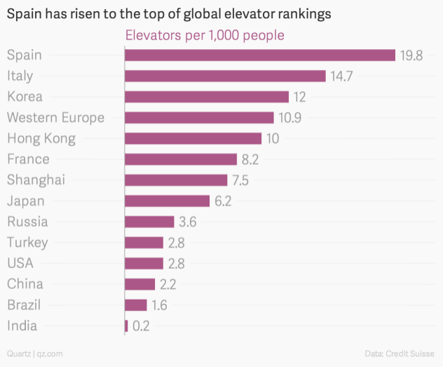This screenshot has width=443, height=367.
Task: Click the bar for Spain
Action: coord(259,55)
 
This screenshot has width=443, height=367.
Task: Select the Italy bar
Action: coord(225,76)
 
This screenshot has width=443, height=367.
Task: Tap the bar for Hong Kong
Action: coord(193,138)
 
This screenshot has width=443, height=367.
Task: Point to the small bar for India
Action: coord(126,326)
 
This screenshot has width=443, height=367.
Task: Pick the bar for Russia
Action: coord(149,222)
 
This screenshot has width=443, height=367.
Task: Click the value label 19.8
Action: coord(411,55)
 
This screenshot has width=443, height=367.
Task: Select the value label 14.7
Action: coord(341,76)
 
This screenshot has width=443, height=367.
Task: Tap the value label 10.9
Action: coord(289,118)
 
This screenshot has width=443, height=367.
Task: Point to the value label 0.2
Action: coord(141,326)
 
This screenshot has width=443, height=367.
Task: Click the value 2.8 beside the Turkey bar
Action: coord(175,243)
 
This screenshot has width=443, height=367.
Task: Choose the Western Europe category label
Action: coord(55,117)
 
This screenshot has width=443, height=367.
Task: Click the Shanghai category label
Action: coord(36,180)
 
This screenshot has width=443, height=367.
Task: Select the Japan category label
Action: coord(26,201)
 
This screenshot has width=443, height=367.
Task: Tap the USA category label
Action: coord(20,263)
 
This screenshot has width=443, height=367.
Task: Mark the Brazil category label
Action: coord(24,305)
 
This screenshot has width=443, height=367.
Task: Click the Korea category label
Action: coord(25,97)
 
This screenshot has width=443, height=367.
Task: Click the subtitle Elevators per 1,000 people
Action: coord(204,35)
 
